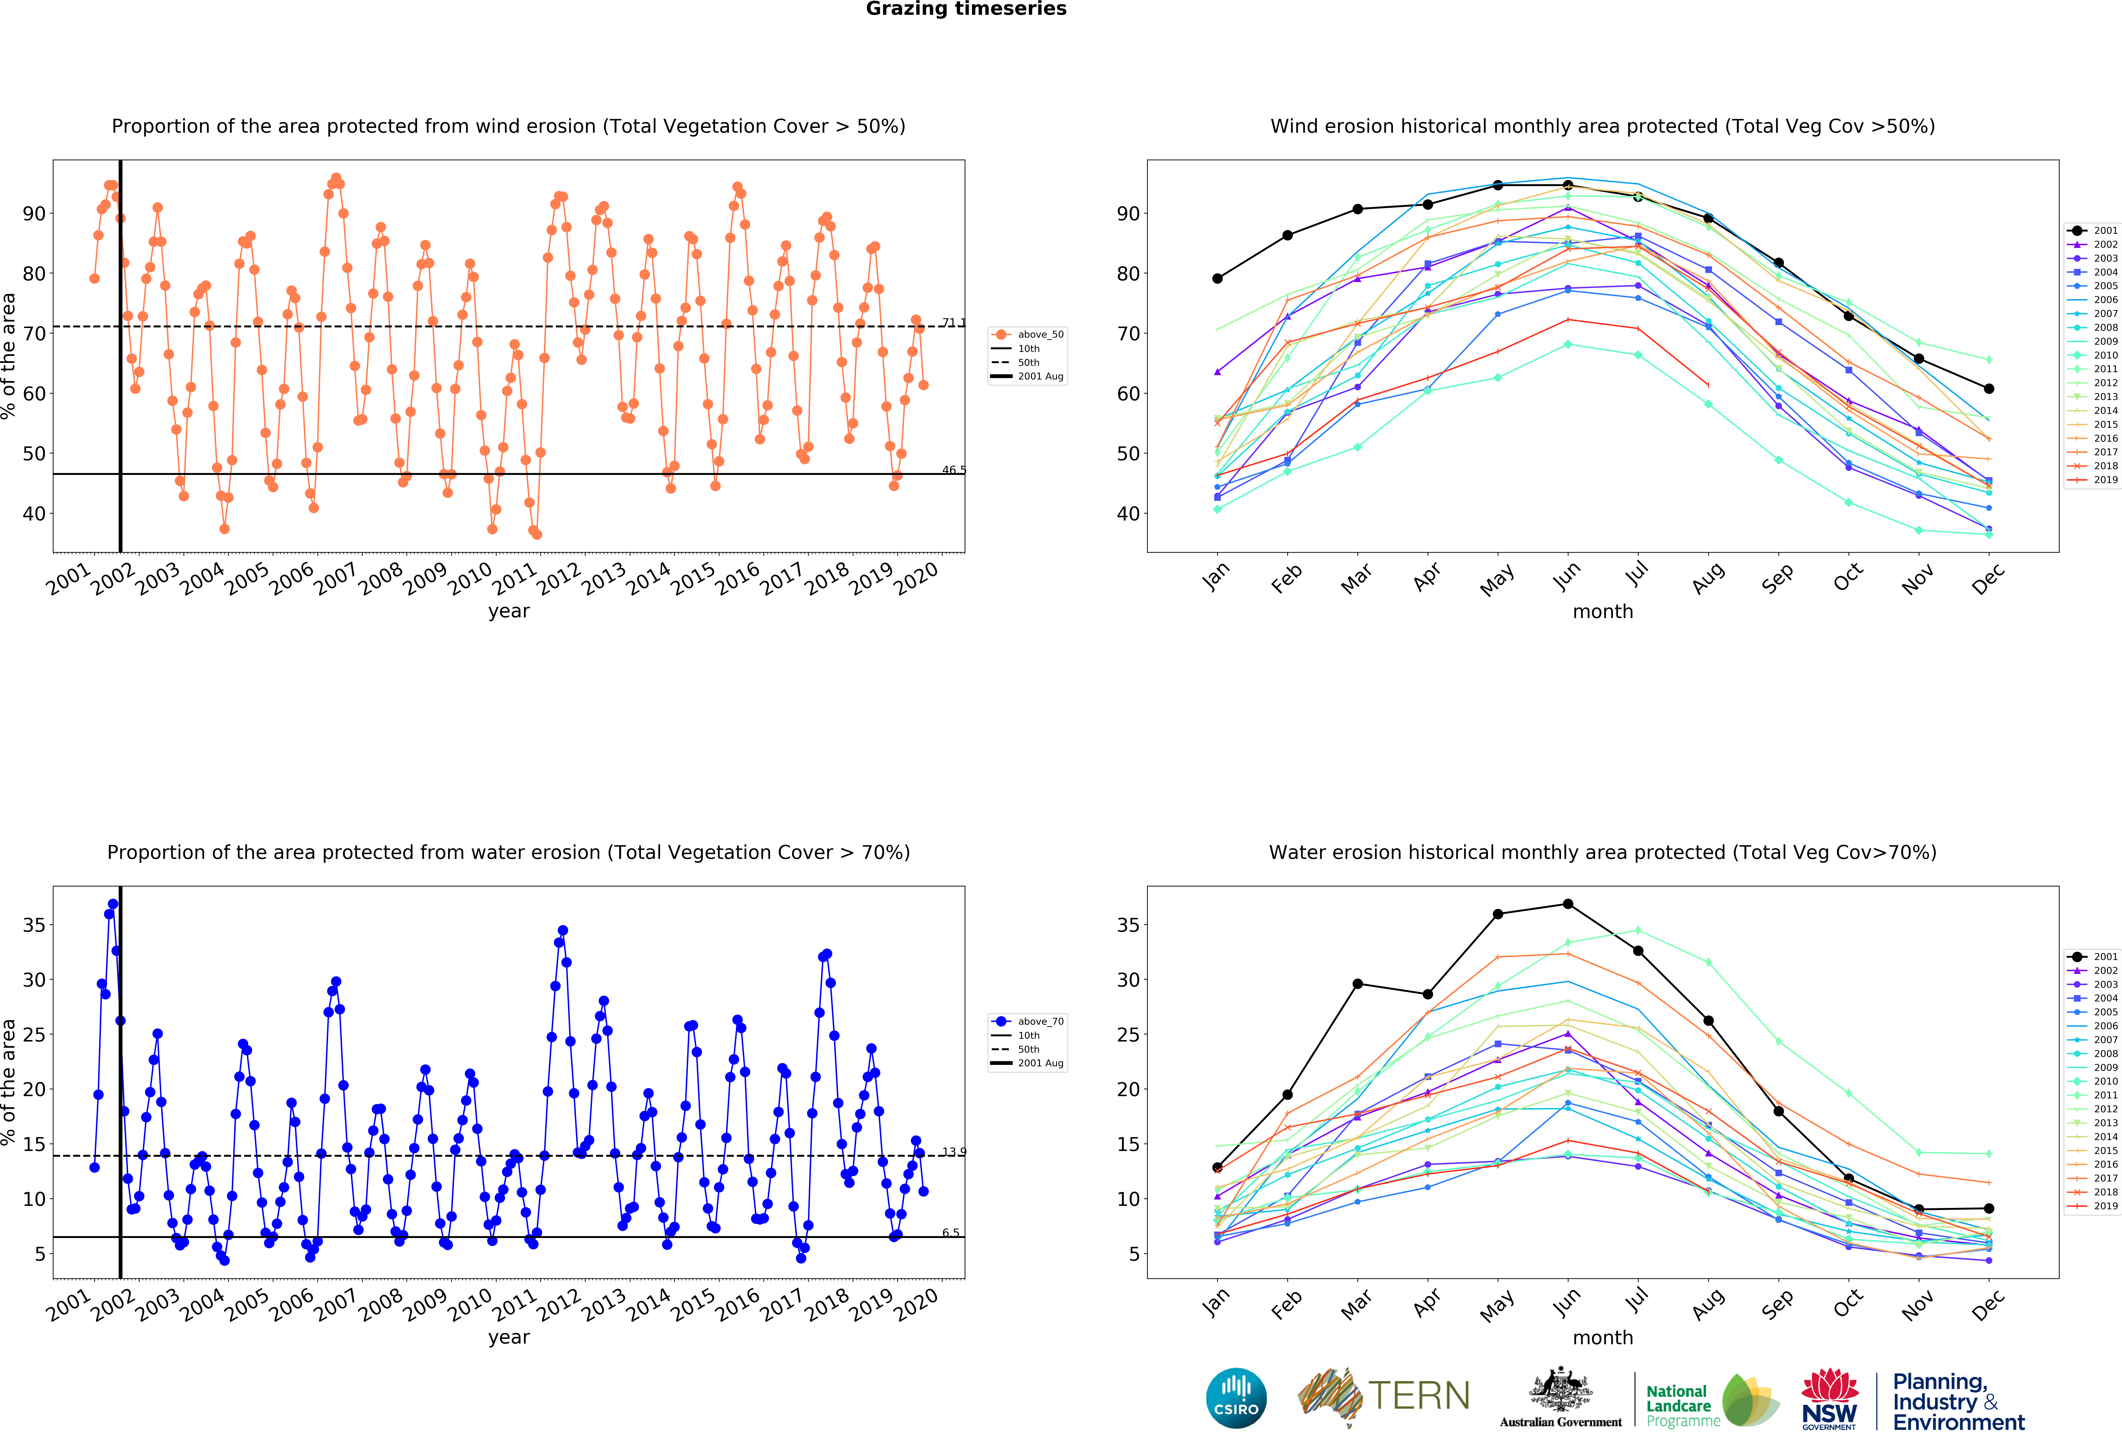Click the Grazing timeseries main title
[966, 9]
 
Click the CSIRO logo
[1236, 1397]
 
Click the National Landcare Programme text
[1678, 1406]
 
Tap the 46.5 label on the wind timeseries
[953, 470]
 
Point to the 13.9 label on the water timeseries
[953, 1152]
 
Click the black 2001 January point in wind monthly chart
[1217, 278]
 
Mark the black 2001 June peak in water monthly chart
[1568, 904]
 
